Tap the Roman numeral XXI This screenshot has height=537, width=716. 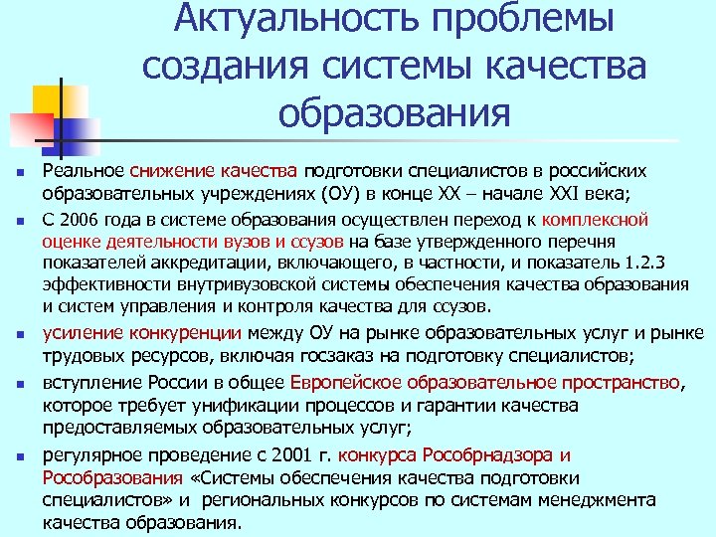pos(553,192)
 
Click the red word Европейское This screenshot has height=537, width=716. pos(347,382)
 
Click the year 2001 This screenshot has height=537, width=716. pos(287,456)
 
